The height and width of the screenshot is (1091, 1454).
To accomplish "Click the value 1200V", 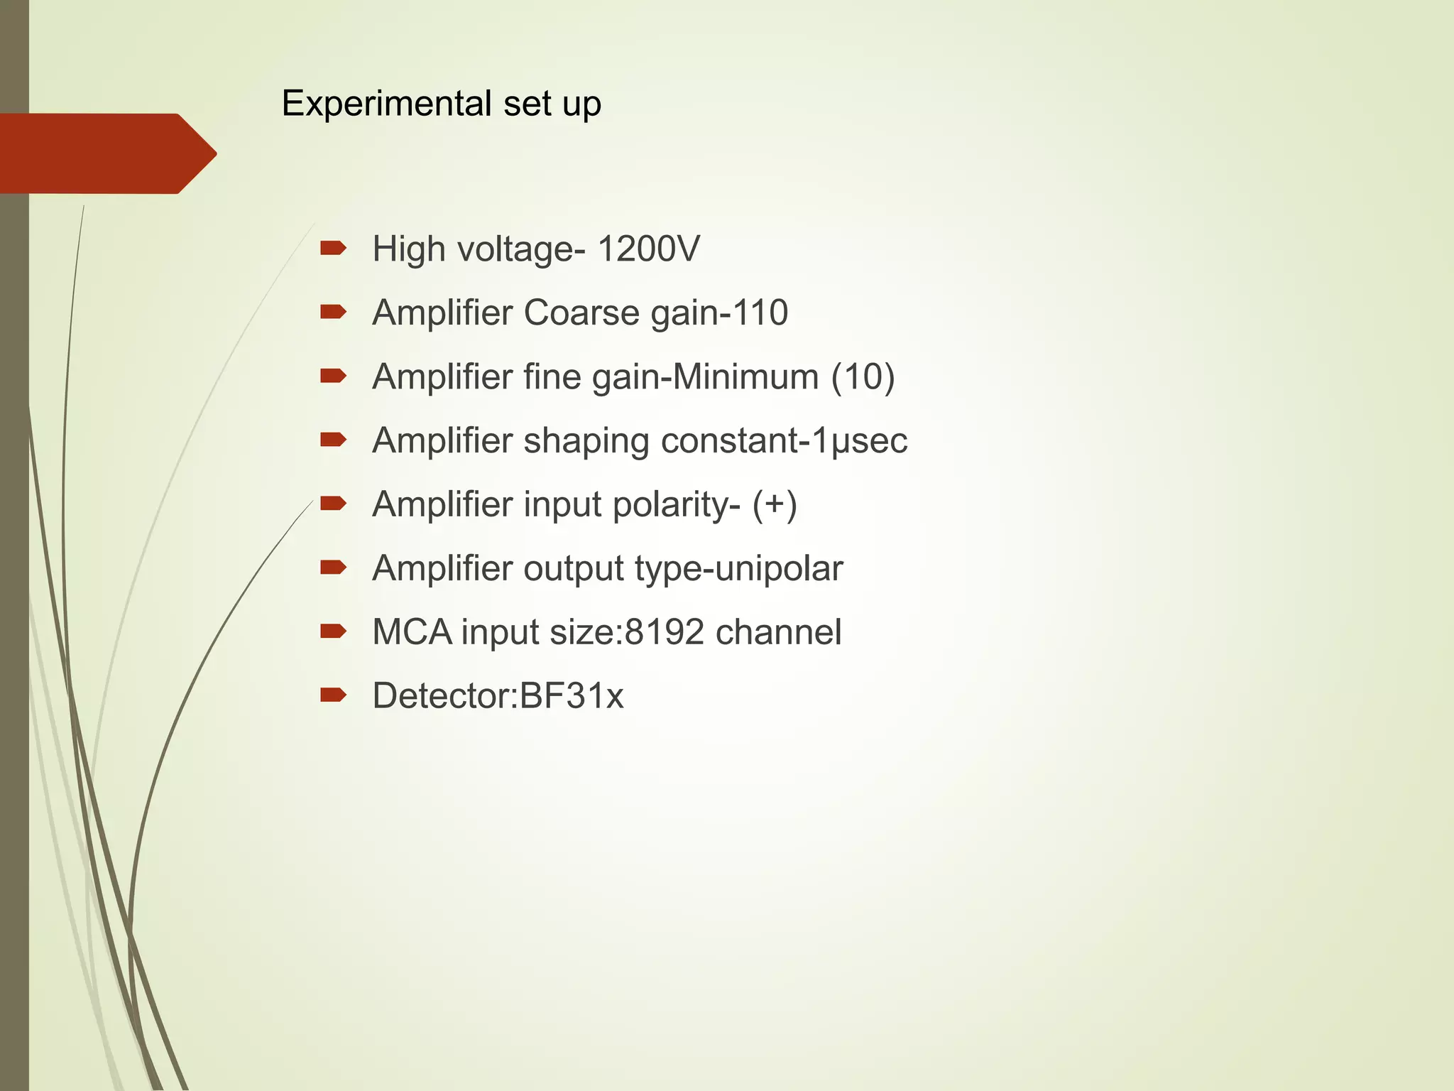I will point(648,249).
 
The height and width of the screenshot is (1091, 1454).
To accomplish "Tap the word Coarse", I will point(581,313).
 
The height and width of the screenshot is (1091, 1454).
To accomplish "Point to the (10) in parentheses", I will point(863,376).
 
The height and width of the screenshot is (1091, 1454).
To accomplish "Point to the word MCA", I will point(412,632).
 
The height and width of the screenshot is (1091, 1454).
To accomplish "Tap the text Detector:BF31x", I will point(498,696).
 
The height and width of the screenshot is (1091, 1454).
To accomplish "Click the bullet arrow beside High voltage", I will point(333,248).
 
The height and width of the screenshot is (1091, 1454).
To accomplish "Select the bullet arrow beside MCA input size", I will point(333,631).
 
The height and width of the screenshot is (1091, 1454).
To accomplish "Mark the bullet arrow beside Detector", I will point(333,695).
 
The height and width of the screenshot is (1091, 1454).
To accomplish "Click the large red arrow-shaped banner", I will point(106,153).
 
